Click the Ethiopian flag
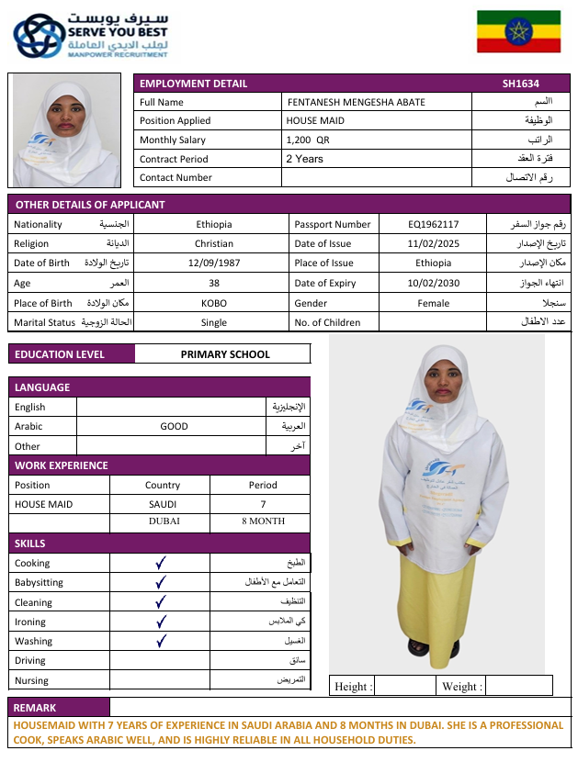tap(518, 31)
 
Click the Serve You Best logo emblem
tap(38, 37)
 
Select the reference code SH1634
tap(517, 84)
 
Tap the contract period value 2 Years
tap(304, 159)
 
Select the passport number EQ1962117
tap(433, 224)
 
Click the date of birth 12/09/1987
tap(214, 263)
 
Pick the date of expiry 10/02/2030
tap(433, 283)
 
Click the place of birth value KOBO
tap(214, 303)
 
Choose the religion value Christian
tap(214, 244)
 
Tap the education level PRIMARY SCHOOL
tap(225, 354)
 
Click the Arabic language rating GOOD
tap(174, 426)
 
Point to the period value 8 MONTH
tap(263, 521)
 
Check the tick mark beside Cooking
tap(161, 563)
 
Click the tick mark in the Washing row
tap(161, 641)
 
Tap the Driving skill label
tap(30, 661)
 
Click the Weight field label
tap(460, 687)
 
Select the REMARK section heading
tap(35, 708)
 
